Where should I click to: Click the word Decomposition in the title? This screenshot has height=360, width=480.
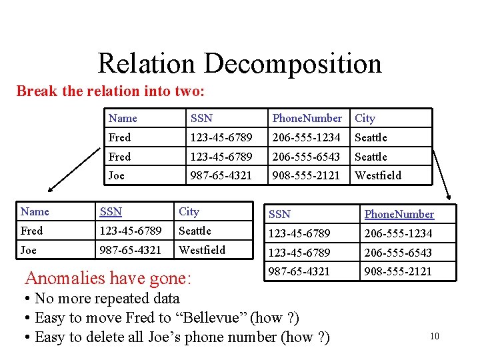click(x=293, y=64)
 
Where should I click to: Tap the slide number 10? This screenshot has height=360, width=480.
click(x=435, y=337)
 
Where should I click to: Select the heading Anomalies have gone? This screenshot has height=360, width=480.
click(x=108, y=276)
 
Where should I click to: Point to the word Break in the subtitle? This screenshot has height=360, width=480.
click(x=37, y=91)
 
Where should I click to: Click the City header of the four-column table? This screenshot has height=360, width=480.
click(x=365, y=118)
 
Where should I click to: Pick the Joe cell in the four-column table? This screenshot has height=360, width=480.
click(x=116, y=175)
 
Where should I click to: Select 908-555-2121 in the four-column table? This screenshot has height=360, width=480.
click(x=306, y=175)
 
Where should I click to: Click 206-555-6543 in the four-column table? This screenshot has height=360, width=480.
click(x=306, y=157)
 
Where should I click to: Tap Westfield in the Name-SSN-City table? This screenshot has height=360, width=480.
click(x=202, y=250)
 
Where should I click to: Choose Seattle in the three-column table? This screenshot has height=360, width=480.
click(x=195, y=231)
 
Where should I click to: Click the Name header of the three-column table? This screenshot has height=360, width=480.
click(x=35, y=211)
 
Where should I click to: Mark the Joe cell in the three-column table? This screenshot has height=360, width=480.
click(x=28, y=250)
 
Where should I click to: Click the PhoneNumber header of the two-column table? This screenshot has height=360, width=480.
click(x=399, y=214)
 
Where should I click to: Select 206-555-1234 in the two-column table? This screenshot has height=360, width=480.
click(x=398, y=233)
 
